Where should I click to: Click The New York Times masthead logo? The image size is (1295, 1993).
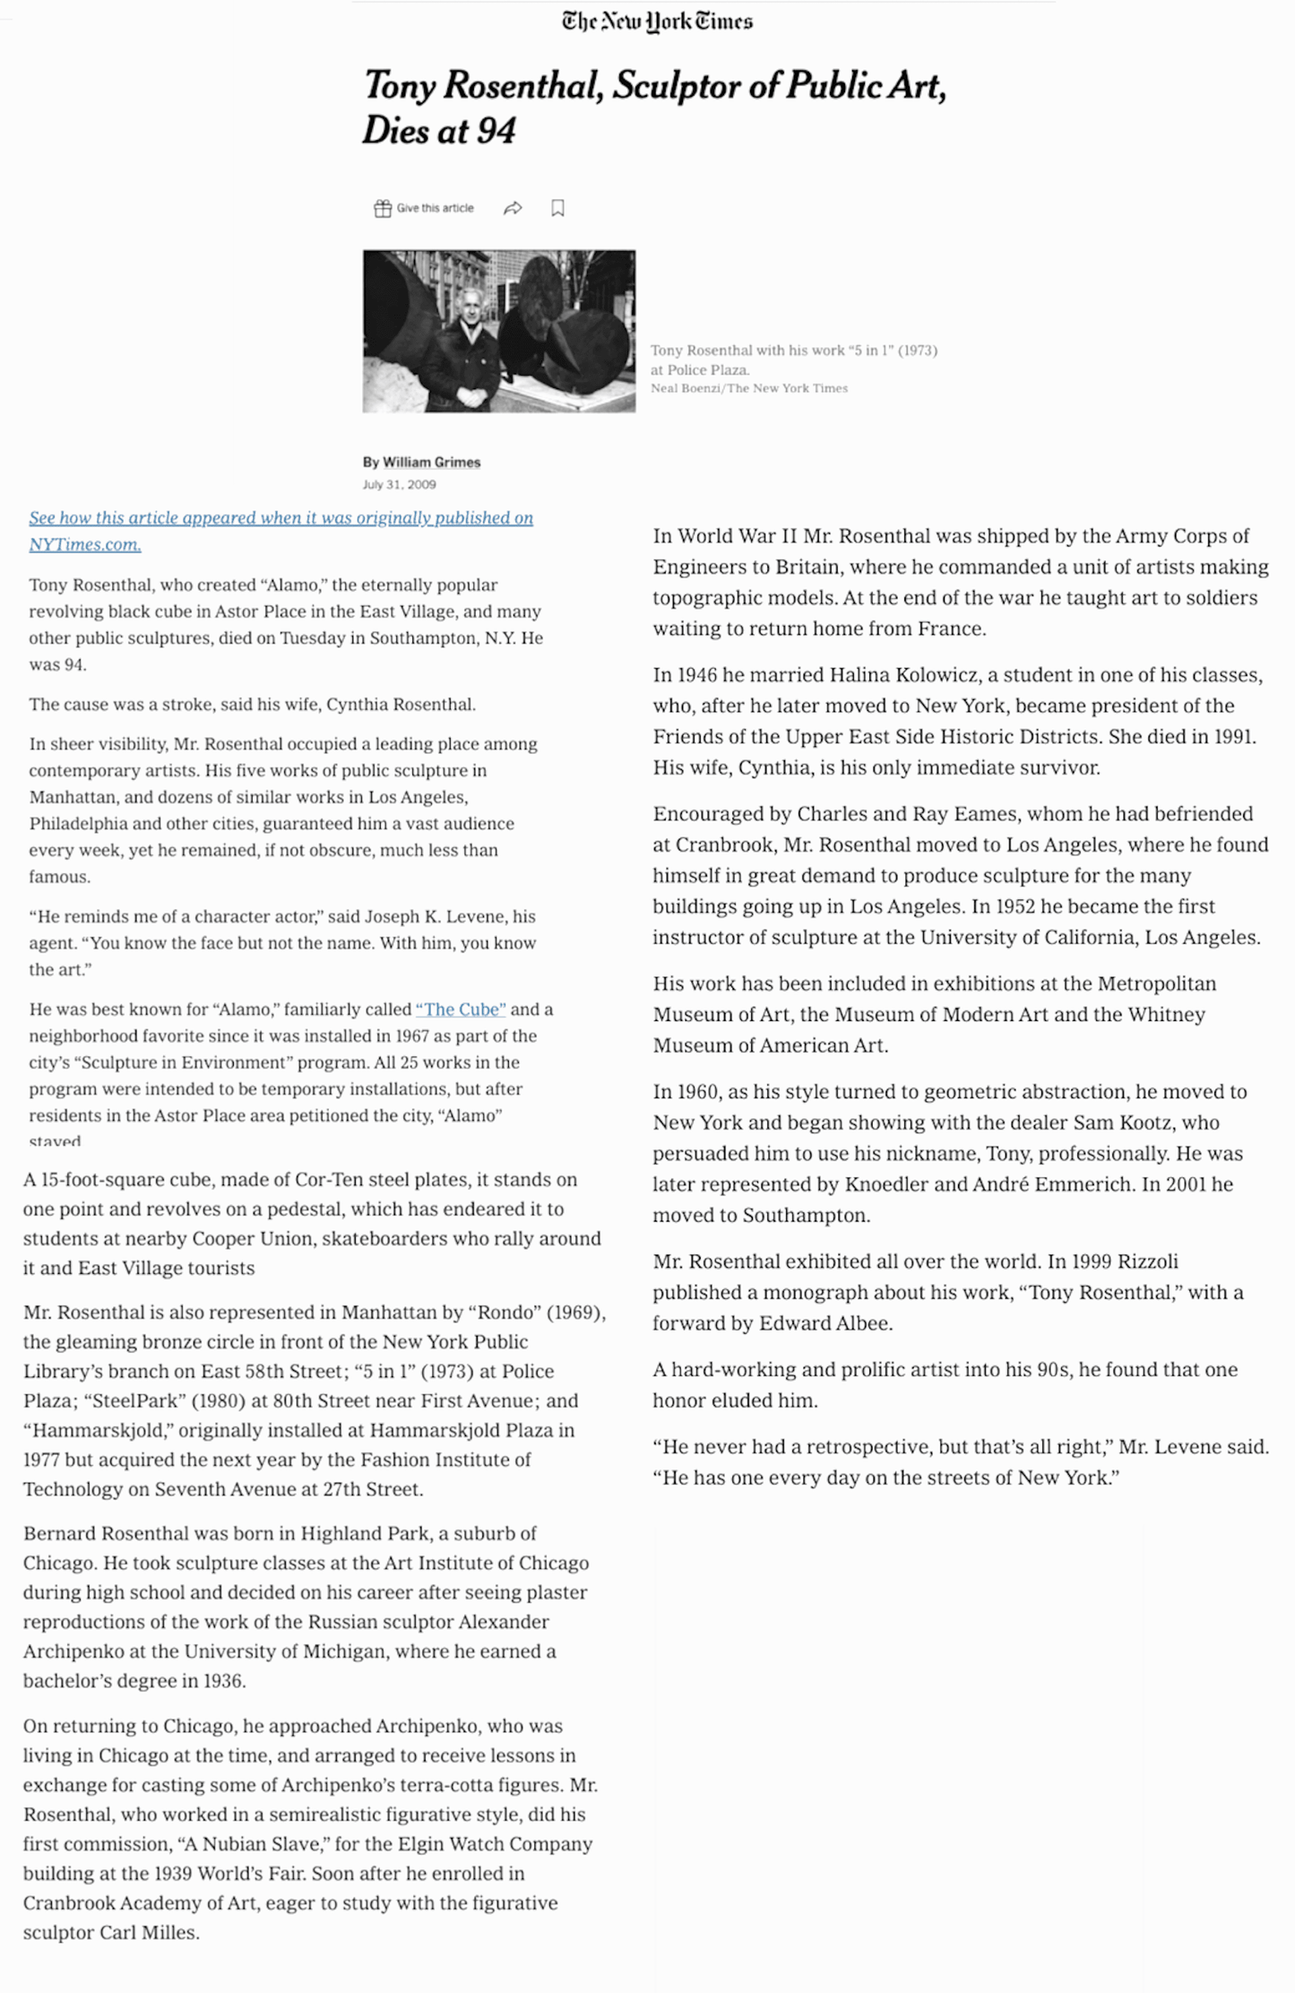(657, 22)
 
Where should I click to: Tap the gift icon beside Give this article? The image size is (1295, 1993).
(383, 208)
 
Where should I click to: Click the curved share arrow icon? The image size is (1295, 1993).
(513, 208)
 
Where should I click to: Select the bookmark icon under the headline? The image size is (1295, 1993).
(557, 208)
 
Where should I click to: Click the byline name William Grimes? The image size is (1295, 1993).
(431, 462)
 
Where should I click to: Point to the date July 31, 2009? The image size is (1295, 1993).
(399, 484)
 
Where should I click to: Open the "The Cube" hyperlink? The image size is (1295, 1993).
(461, 1009)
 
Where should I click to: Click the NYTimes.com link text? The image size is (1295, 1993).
(85, 544)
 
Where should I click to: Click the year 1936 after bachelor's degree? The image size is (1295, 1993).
(222, 1680)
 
